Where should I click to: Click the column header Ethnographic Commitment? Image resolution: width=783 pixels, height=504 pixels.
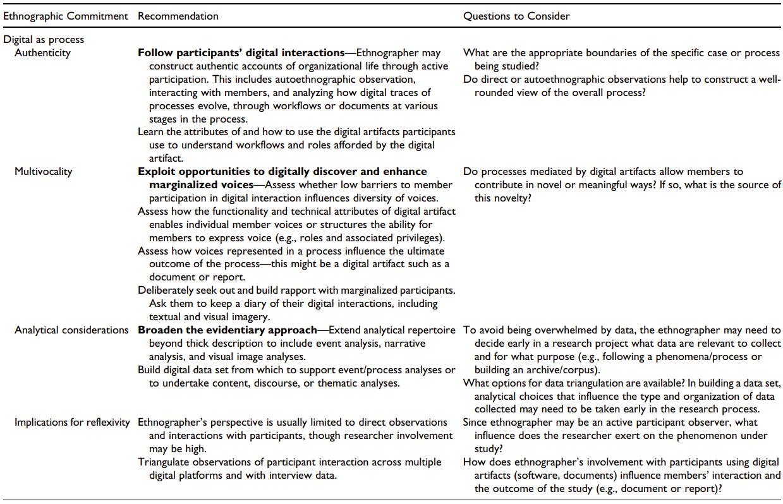66,16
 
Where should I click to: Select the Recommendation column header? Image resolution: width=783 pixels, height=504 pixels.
178,16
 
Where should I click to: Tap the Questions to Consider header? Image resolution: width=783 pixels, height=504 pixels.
516,16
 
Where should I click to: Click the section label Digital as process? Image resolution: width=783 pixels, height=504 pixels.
44,39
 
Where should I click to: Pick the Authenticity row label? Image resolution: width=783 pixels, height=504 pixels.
43,52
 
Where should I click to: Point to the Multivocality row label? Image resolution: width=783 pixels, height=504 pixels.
44,171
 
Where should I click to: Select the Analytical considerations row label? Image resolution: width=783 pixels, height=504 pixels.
71,330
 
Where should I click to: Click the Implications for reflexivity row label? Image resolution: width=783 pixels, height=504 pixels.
73,422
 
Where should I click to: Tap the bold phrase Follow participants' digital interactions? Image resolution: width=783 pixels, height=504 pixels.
241,52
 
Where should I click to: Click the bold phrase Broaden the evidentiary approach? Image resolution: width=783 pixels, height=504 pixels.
228,330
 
